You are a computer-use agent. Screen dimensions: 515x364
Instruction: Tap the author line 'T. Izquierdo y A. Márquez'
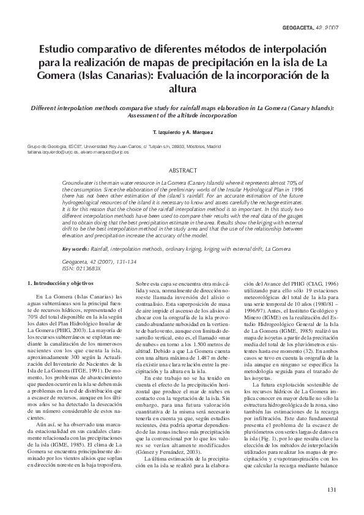tap(182, 132)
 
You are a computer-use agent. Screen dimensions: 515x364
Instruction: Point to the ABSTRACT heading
tap(182, 170)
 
